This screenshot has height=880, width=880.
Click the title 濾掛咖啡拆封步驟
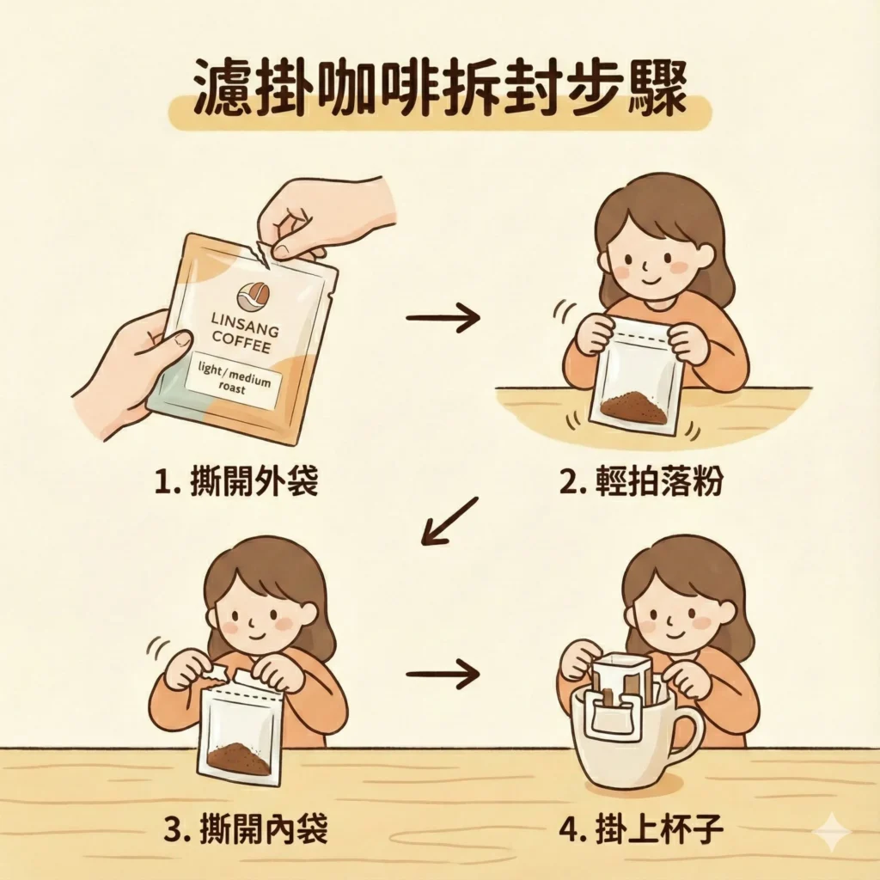pos(439,89)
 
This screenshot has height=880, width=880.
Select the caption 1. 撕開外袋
pos(236,482)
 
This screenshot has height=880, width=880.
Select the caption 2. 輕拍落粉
pos(640,482)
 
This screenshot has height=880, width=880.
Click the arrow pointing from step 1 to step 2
pos(443,319)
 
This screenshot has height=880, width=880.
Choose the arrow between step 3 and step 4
pos(443,673)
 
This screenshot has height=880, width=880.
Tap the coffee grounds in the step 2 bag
pos(635,409)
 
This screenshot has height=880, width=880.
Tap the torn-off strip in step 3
pos(217,670)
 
